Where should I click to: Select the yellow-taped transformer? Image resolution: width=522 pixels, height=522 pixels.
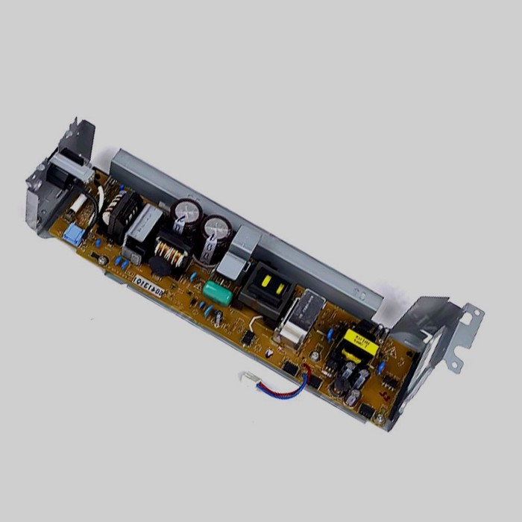click(351, 345)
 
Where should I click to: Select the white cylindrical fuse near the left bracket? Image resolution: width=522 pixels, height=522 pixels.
click(80, 201)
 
